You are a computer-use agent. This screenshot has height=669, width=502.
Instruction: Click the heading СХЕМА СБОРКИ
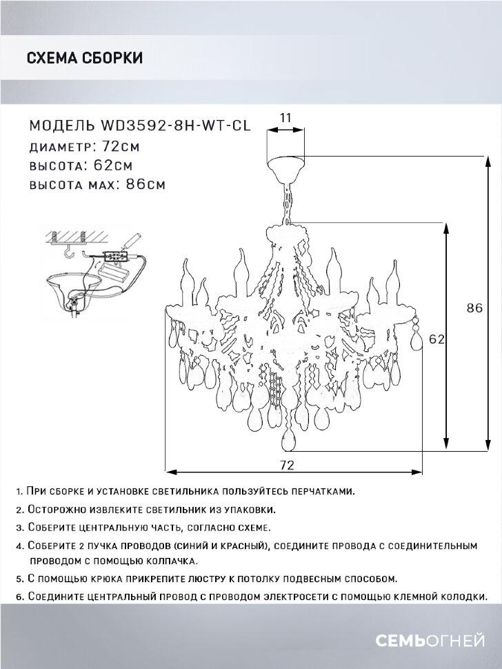pyautogui.click(x=84, y=58)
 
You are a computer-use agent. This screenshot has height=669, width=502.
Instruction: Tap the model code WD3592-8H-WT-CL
pyautogui.click(x=175, y=126)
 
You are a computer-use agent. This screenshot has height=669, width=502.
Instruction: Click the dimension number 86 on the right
pyautogui.click(x=474, y=308)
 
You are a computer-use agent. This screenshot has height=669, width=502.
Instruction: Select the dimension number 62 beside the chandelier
pyautogui.click(x=435, y=339)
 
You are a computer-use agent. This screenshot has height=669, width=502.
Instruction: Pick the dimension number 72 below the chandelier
pyautogui.click(x=288, y=464)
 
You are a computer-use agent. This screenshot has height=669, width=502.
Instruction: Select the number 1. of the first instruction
pyautogui.click(x=19, y=492)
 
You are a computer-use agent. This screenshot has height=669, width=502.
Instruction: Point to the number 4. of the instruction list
pyautogui.click(x=19, y=546)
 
